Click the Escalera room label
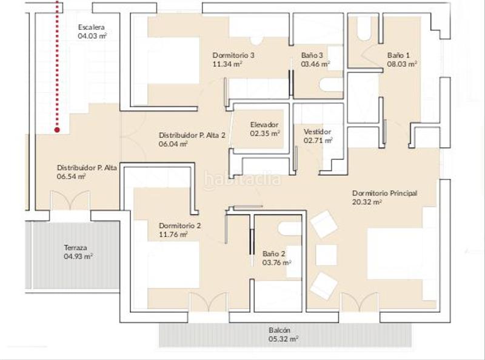coord(92,27)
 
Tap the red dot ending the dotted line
coord(57,130)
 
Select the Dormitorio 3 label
coord(233,55)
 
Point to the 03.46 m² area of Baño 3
coord(315,64)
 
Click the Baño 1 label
coord(398,55)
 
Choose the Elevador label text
coord(264,125)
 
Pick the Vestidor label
coord(317,132)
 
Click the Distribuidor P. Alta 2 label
coord(192,135)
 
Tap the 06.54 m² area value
coord(72,176)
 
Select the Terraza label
coord(75,248)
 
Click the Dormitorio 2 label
coord(179,226)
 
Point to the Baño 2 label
coord(274,254)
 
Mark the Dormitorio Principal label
coord(385,193)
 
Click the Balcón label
coord(279,330)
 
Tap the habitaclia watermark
coord(242,179)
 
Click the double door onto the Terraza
coord(70,201)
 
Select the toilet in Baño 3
coord(331,85)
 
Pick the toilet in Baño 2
coord(290,229)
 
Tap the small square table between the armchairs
coord(326,255)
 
